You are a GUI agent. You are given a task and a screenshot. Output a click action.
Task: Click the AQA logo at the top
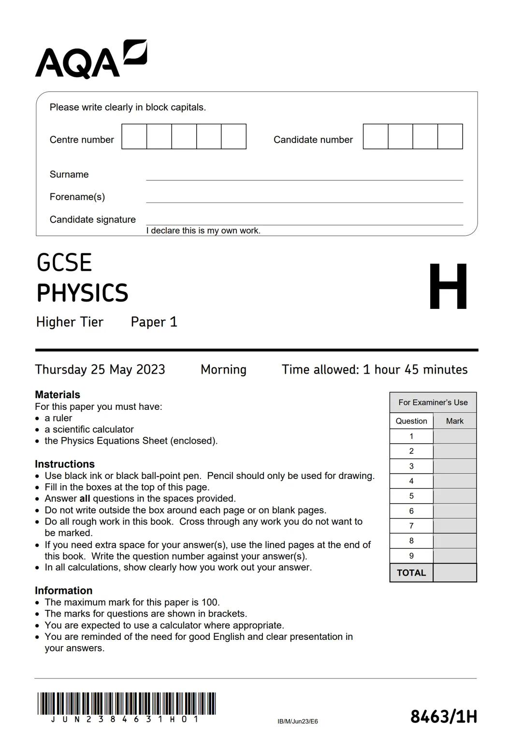[91, 60]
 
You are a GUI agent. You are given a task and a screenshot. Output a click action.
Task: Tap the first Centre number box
[134, 136]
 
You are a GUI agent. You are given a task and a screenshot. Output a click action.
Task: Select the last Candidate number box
[450, 136]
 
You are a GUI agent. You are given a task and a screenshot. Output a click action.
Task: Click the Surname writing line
[304, 175]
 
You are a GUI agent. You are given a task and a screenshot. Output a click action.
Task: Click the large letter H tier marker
[448, 287]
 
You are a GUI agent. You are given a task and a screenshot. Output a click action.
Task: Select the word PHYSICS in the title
[83, 293]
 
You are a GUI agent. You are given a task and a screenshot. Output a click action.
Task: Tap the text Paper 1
[154, 322]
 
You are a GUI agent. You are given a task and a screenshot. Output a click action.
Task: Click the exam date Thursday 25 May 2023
[100, 370]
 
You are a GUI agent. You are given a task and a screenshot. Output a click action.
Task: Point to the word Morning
[223, 370]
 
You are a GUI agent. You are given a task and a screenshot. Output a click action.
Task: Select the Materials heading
[58, 395]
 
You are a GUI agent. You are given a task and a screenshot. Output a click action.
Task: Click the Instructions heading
[65, 464]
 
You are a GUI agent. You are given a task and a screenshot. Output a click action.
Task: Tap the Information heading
[63, 591]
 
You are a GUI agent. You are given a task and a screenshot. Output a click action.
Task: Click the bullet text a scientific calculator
[89, 429]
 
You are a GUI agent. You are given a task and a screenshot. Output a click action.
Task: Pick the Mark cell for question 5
[455, 496]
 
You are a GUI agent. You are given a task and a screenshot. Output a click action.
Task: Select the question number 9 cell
[411, 556]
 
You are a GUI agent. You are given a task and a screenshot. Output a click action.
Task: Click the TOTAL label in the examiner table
[411, 573]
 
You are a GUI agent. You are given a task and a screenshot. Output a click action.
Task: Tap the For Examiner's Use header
[433, 402]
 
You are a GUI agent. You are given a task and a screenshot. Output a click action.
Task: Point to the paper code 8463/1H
[444, 716]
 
